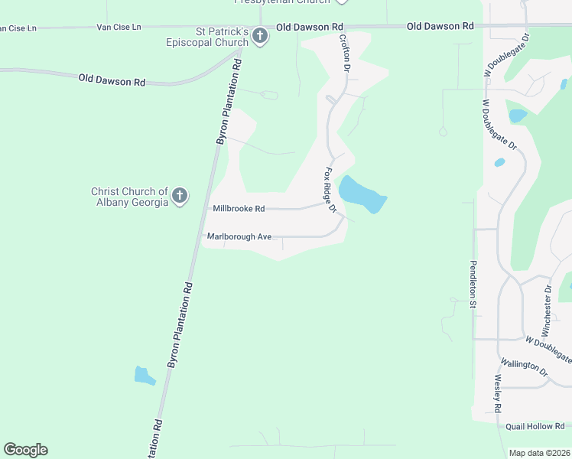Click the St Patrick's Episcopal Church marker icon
pyautogui.click(x=260, y=36)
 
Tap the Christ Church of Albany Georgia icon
pyautogui.click(x=180, y=196)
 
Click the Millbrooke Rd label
pyautogui.click(x=239, y=208)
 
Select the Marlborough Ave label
pyautogui.click(x=239, y=237)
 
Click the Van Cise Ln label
pyautogui.click(x=119, y=28)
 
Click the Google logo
pyautogui.click(x=25, y=450)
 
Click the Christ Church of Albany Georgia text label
pyautogui.click(x=129, y=197)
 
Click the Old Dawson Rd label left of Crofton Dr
pyautogui.click(x=309, y=27)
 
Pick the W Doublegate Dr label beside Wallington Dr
pyautogui.click(x=548, y=348)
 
